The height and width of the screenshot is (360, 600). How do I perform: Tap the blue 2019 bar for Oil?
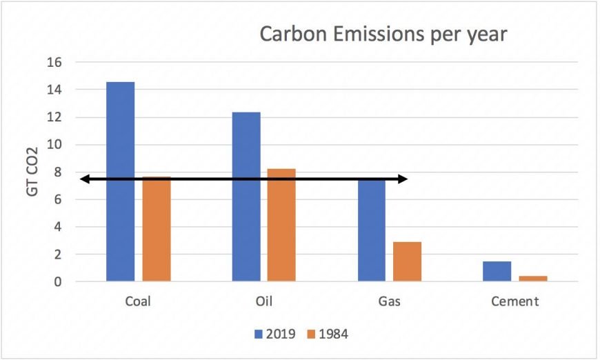[246, 197]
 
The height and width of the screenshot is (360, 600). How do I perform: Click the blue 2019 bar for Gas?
[371, 231]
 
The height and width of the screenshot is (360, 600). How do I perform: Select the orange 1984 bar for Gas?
[407, 261]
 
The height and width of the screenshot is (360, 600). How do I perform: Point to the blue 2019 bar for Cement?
[497, 271]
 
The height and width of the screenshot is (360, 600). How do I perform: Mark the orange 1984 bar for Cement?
[532, 279]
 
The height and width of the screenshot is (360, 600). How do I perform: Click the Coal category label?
[138, 302]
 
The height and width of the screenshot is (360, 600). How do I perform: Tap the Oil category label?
[263, 302]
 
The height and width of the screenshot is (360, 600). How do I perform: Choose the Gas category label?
[389, 302]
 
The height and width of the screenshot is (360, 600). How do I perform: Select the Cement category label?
[514, 302]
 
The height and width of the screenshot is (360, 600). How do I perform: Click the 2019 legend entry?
[275, 334]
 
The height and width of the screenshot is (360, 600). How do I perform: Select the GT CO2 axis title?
[32, 172]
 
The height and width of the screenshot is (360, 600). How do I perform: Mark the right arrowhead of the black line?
[403, 179]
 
